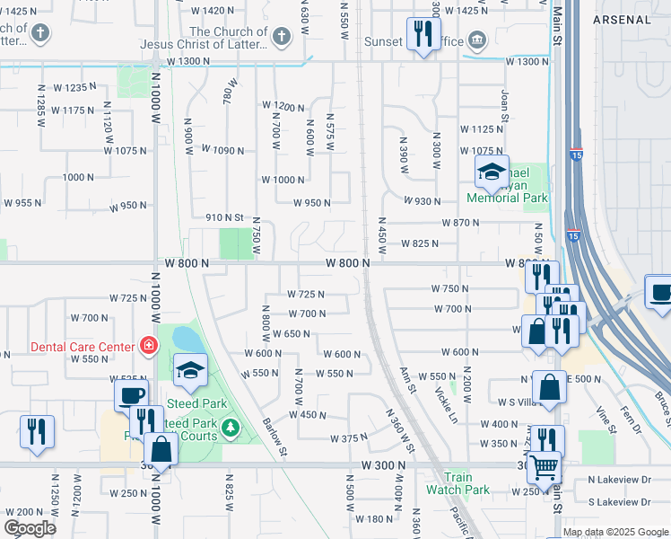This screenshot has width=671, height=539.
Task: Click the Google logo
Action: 30,527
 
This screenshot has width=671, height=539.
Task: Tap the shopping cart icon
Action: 543,466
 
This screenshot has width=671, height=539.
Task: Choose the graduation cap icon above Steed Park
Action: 190,371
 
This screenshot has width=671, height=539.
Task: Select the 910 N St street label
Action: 224,216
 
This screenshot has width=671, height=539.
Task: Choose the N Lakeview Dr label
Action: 620,480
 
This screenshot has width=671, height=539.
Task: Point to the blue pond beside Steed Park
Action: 189,340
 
